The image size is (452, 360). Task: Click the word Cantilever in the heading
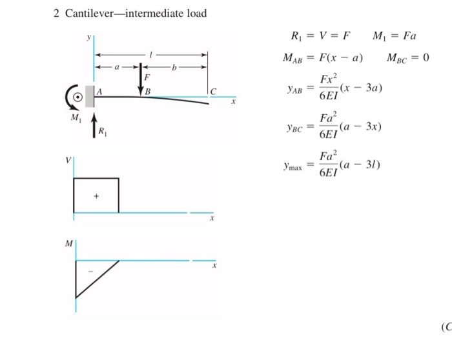87,13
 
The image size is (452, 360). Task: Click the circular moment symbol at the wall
77,97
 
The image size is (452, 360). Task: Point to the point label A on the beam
99,92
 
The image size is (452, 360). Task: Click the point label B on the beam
148,92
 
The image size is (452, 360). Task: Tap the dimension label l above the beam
150,55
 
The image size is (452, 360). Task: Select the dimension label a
117,66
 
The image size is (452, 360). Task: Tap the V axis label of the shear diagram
68,161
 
